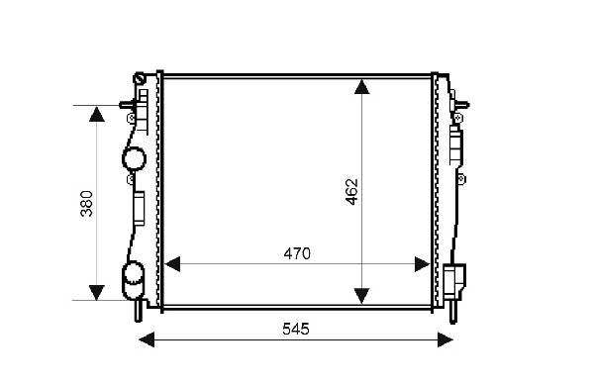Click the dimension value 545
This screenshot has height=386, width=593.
tap(296, 330)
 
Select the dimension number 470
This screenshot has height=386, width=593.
tap(297, 254)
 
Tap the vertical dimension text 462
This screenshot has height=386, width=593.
tap(351, 192)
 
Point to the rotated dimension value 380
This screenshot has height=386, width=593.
tap(86, 204)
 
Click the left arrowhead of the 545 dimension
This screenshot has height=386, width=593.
tap(147, 339)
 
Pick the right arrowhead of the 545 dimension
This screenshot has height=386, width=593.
tap(445, 339)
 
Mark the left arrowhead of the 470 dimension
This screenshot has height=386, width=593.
tap(172, 264)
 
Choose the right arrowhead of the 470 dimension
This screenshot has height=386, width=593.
tap(423, 264)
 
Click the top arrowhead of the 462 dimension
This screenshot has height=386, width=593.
tap(362, 86)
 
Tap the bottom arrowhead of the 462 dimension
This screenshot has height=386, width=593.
tap(362, 296)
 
